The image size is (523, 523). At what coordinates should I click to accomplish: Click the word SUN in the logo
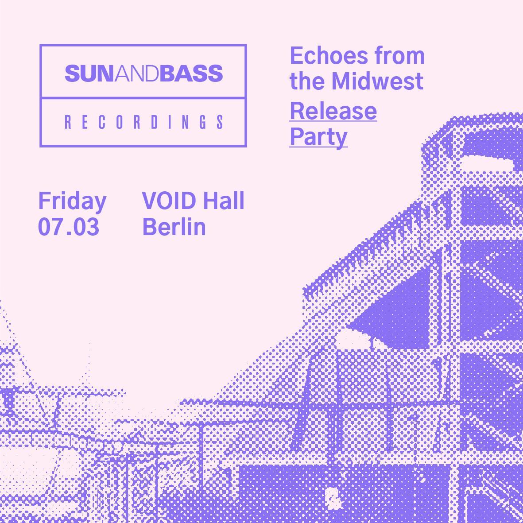pyautogui.click(x=89, y=74)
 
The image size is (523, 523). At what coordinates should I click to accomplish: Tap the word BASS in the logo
pyautogui.click(x=191, y=74)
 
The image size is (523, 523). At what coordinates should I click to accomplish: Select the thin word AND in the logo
pyautogui.click(x=137, y=74)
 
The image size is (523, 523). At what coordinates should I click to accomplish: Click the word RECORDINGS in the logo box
pyautogui.click(x=144, y=122)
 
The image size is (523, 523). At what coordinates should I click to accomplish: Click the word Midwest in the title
pyautogui.click(x=377, y=81)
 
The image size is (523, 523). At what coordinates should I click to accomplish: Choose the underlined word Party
pyautogui.click(x=318, y=137)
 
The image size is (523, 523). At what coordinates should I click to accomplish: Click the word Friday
pyautogui.click(x=72, y=201)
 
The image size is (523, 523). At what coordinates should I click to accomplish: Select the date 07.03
pyautogui.click(x=69, y=227)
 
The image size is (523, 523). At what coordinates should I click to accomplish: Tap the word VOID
pyautogui.click(x=169, y=201)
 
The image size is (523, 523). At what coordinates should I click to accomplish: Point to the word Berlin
pyautogui.click(x=174, y=227)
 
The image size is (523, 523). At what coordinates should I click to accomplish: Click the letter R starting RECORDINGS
pyautogui.click(x=68, y=122)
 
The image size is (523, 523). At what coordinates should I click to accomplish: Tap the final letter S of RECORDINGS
pyautogui.click(x=220, y=122)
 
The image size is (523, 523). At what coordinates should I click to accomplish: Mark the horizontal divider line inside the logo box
pyautogui.click(x=143, y=98)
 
